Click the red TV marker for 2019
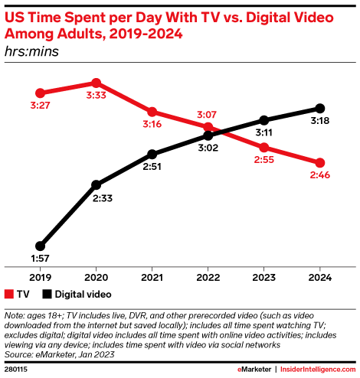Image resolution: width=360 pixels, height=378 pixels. click(40, 93)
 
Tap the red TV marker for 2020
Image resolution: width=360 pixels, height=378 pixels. click(96, 82)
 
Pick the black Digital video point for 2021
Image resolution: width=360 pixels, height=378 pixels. click(152, 153)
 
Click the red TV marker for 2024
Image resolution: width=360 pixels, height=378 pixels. click(320, 162)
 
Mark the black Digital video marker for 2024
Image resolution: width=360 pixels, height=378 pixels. click(320, 108)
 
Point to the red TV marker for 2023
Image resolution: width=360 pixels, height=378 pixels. click(264, 147)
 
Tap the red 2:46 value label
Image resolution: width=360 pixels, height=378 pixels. click(321, 177)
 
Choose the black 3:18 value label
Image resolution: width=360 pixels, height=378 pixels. click(321, 122)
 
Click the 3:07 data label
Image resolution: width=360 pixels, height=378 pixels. click(208, 113)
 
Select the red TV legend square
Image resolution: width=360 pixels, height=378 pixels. click(9, 294)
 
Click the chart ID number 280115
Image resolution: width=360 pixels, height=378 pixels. click(17, 368)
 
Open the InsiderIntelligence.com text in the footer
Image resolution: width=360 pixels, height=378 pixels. click(319, 368)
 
